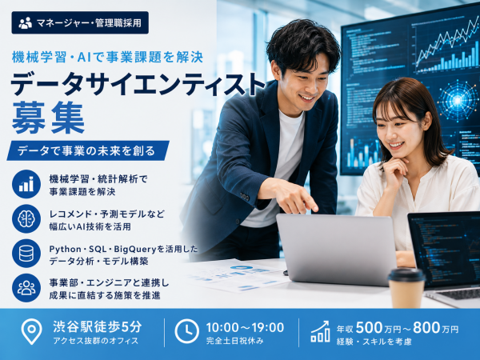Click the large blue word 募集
click(48, 118)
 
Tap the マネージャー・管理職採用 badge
click(80, 22)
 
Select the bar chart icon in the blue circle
click(26, 184)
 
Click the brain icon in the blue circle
click(26, 219)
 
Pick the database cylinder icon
click(26, 254)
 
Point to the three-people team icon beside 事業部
click(26, 288)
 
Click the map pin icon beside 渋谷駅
click(31, 331)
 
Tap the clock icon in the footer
click(186, 331)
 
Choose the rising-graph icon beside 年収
click(321, 331)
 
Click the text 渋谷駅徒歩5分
click(98, 327)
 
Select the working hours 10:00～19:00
click(245, 327)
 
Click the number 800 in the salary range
click(427, 327)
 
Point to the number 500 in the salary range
click(370, 327)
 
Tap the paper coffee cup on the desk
click(406, 288)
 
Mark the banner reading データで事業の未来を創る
click(88, 150)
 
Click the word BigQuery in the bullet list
click(135, 249)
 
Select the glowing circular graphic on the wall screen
click(458, 101)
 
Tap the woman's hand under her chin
click(395, 170)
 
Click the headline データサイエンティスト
click(138, 84)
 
